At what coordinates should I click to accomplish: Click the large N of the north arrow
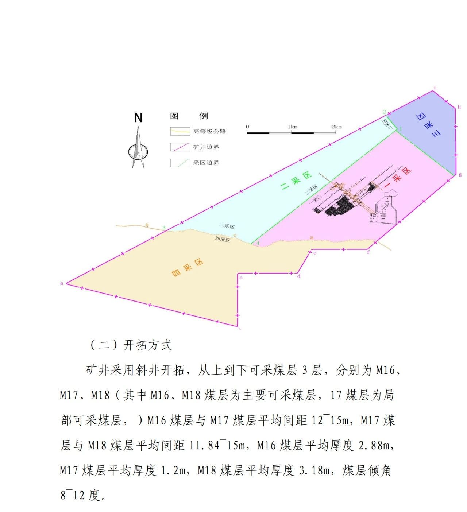[x=138, y=118]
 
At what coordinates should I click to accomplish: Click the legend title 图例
[x=189, y=116]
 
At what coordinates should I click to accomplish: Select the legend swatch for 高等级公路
[x=180, y=131]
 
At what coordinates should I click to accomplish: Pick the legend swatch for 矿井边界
[x=180, y=147]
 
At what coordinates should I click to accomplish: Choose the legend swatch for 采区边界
[x=180, y=163]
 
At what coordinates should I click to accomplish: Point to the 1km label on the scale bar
[x=292, y=127]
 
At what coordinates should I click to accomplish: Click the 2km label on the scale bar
[x=336, y=127]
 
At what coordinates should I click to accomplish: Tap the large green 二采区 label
[x=296, y=181]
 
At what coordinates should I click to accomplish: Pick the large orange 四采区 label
[x=188, y=268]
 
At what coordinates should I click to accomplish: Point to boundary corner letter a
[x=62, y=283]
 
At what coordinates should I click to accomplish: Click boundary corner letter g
[x=460, y=175]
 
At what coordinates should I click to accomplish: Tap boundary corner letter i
[x=435, y=88]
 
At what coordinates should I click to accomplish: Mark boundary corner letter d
[x=299, y=276]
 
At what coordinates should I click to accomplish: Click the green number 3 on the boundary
[x=164, y=228]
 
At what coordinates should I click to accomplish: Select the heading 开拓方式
[x=147, y=345]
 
